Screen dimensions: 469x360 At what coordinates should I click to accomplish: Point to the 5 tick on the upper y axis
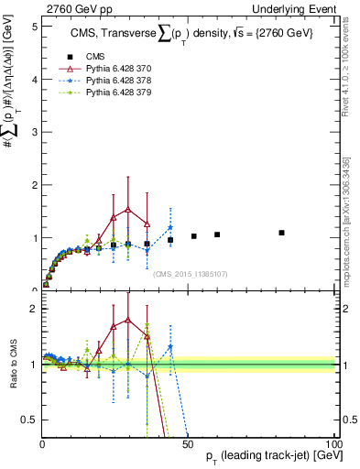[x=33, y=26]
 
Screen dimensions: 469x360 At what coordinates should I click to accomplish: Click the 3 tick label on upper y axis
[x=33, y=132]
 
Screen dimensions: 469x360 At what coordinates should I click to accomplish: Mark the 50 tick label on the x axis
[x=188, y=444]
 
